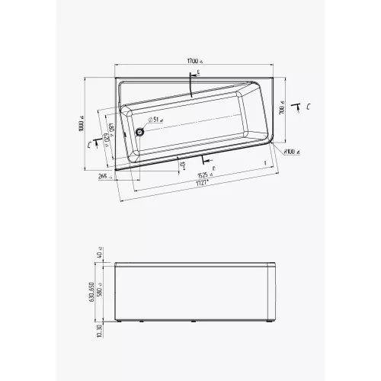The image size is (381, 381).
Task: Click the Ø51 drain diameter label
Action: [155, 120]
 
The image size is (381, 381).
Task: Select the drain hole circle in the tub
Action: [140, 130]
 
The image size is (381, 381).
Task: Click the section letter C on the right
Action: [306, 107]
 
